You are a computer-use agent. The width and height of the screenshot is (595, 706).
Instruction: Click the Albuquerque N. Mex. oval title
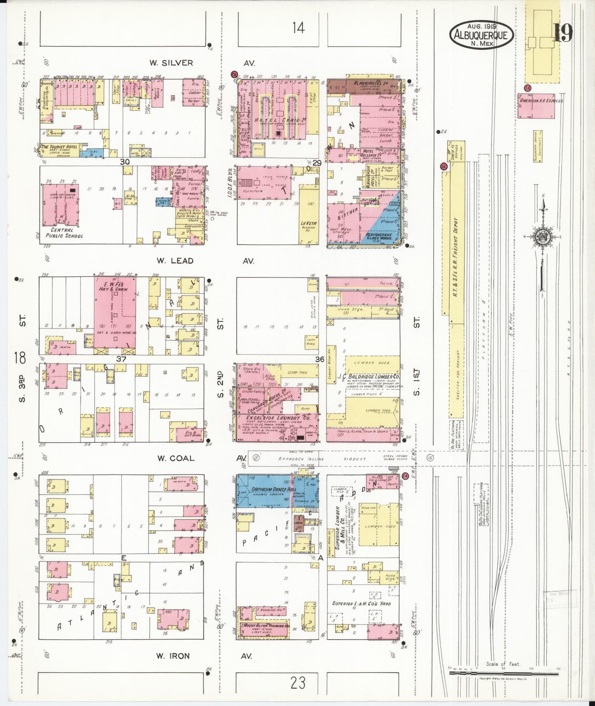[481, 34]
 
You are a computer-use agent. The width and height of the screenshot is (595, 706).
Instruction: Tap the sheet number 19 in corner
[562, 33]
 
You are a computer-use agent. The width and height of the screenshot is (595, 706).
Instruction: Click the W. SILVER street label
[171, 63]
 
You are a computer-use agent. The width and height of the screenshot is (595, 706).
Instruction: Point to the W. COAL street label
[175, 458]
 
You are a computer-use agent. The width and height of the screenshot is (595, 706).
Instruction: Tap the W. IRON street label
[173, 656]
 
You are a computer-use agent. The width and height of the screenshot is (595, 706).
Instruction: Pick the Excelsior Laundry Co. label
[278, 418]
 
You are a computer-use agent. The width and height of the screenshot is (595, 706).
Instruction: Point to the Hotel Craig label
[274, 120]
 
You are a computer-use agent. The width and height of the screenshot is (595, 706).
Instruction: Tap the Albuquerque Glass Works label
[379, 237]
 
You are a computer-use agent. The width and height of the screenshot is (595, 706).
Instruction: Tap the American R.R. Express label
[541, 101]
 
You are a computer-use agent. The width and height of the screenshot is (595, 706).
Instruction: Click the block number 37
[121, 359]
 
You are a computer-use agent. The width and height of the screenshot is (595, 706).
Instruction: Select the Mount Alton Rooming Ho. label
[266, 626]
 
